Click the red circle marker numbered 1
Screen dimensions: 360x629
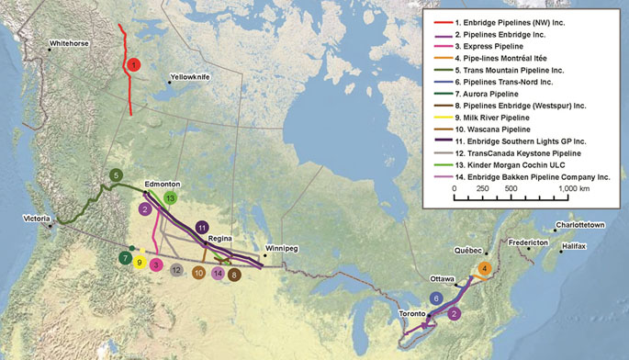(134, 65)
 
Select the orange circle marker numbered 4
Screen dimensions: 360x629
(485, 268)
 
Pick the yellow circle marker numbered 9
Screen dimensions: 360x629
(140, 263)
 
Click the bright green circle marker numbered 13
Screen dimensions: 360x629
(170, 197)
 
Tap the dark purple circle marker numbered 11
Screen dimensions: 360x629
(202, 226)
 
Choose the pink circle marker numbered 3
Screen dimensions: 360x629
(157, 264)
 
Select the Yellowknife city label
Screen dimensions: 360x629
(191, 78)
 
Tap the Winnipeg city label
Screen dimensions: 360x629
(282, 249)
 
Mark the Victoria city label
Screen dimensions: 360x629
(39, 219)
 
